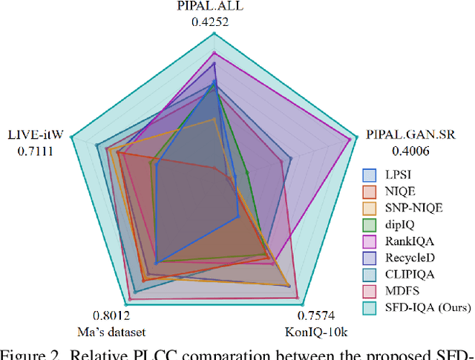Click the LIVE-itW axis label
click(36, 136)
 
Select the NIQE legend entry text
click(401, 192)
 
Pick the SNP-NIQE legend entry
click(413, 208)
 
